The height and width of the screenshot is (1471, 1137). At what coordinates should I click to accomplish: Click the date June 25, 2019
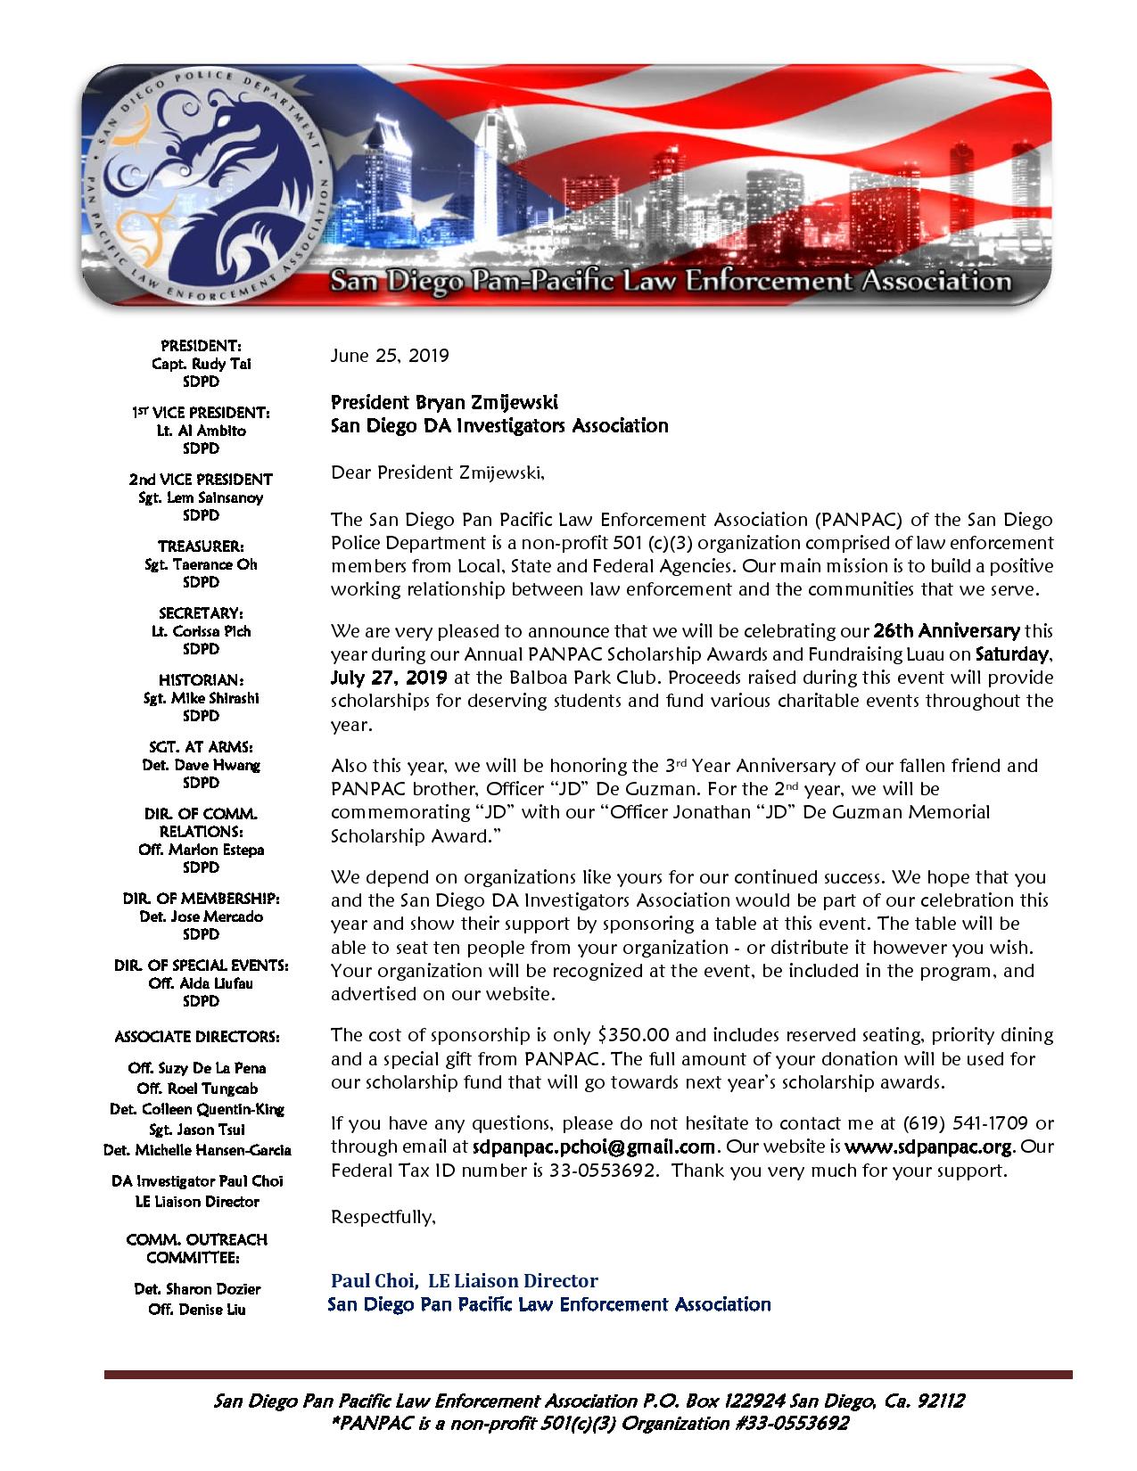pos(390,356)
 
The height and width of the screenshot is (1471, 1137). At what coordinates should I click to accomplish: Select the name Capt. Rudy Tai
pos(201,363)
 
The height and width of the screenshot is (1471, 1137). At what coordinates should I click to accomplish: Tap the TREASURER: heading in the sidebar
pos(201,546)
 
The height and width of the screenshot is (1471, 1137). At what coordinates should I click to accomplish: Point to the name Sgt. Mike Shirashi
pos(201,697)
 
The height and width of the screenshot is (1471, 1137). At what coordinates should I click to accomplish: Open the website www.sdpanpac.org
pos(930,1146)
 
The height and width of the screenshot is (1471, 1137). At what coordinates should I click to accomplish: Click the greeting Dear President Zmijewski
pos(437,473)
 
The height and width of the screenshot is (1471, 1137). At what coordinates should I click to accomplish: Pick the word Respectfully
pos(383,1217)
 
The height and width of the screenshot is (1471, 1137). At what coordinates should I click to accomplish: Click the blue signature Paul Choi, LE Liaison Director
pos(464,1281)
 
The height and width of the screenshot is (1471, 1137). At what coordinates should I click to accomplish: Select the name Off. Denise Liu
pos(197,1309)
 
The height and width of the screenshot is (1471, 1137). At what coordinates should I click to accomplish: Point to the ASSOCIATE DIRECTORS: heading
pos(197,1037)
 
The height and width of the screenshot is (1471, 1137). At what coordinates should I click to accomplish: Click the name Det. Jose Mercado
pos(201,916)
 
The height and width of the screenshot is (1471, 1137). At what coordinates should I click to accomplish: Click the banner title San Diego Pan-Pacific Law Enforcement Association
pos(671,283)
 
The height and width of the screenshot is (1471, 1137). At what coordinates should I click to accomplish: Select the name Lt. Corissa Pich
pos(201,630)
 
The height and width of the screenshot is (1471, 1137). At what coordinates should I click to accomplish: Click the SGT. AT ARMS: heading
pos(201,747)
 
